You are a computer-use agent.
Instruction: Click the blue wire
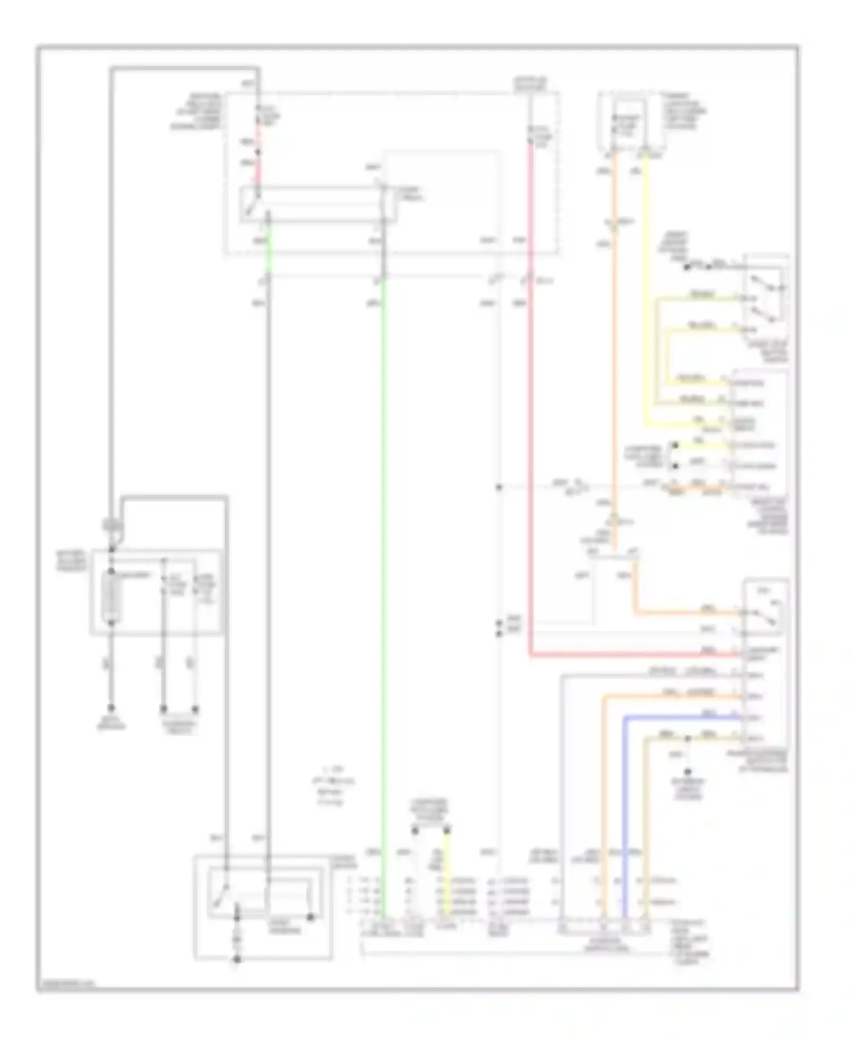click(625, 806)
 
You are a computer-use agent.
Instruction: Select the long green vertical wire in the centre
click(384, 567)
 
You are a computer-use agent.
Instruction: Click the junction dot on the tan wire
click(688, 739)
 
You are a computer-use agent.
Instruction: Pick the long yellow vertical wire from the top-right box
click(646, 295)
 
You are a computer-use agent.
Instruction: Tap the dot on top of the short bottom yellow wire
click(448, 831)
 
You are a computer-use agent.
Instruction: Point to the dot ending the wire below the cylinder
click(112, 709)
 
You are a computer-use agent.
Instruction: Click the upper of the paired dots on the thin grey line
click(499, 622)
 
